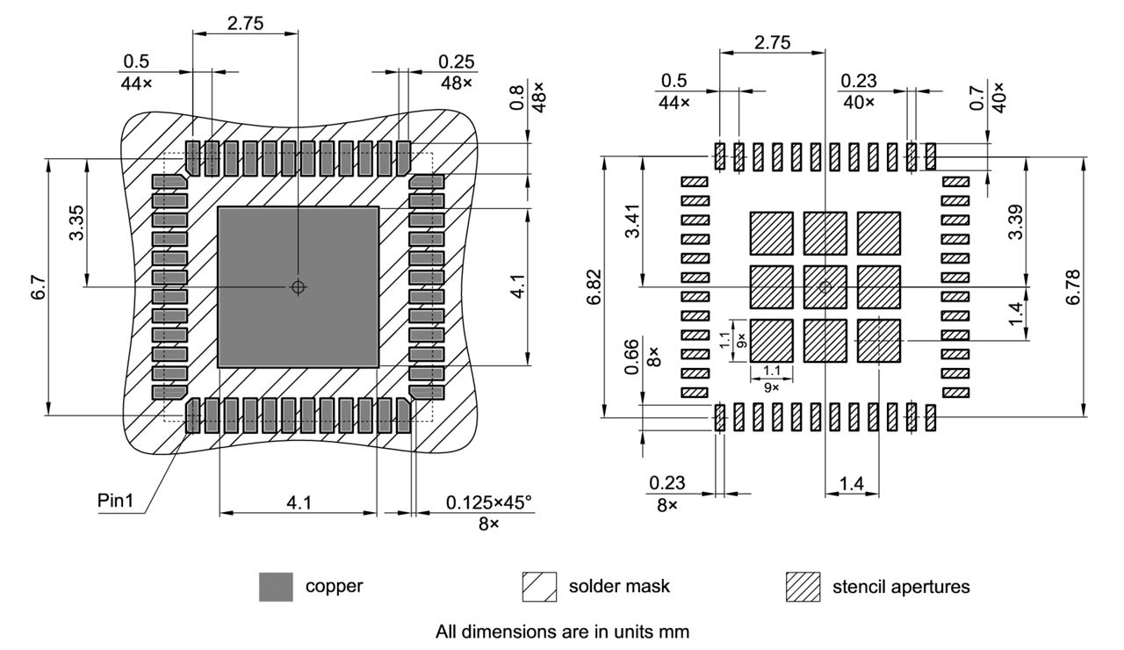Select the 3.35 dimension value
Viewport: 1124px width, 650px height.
click(x=77, y=224)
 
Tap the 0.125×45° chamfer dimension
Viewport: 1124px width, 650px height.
click(x=488, y=502)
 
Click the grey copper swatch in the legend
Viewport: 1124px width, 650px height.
click(x=276, y=586)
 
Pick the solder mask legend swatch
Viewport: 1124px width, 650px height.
click(x=539, y=586)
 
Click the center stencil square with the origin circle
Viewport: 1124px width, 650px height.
click(x=825, y=286)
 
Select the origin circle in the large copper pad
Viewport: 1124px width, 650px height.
click(x=298, y=286)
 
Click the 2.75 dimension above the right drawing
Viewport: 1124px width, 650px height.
click(x=772, y=40)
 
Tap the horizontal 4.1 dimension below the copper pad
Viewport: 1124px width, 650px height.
click(x=298, y=502)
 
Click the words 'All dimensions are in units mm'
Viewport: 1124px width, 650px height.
click(x=562, y=630)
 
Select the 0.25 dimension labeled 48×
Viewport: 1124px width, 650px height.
click(x=456, y=61)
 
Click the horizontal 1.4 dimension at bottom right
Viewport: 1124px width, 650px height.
click(x=851, y=482)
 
